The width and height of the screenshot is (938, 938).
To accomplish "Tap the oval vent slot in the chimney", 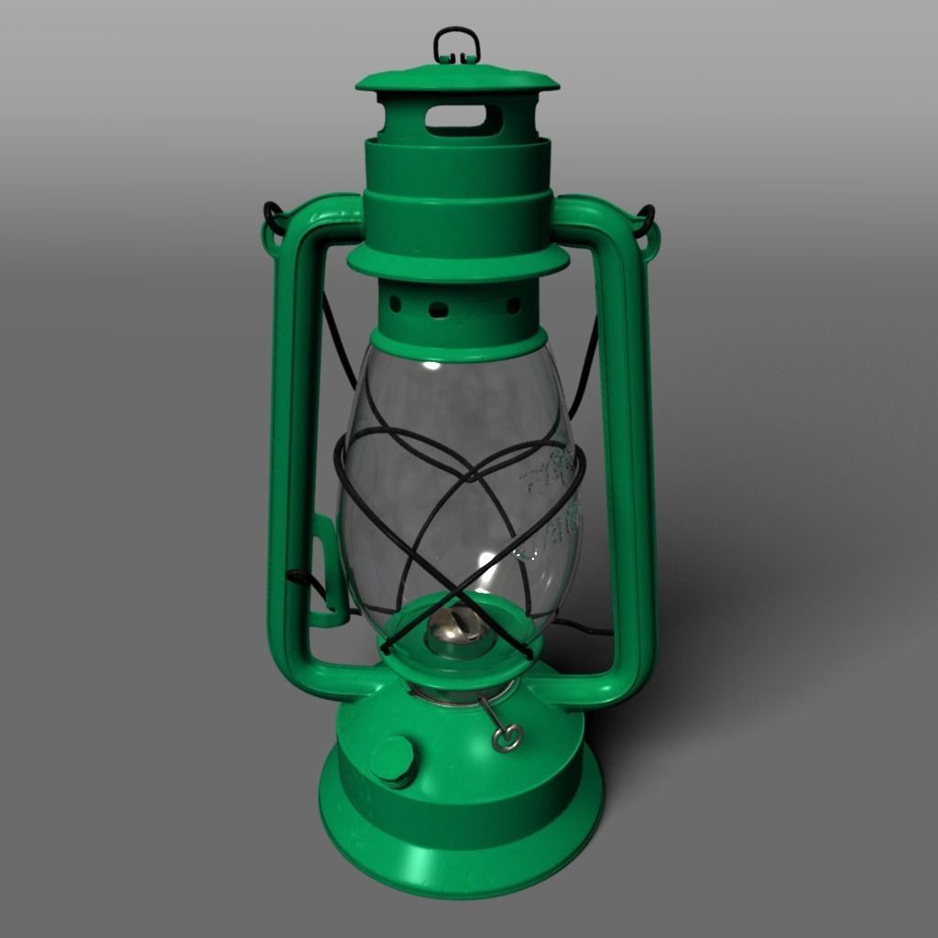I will [x=464, y=119].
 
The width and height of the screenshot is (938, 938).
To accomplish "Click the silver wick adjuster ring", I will [x=507, y=736].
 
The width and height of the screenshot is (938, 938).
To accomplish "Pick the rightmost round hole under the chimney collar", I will [x=513, y=305].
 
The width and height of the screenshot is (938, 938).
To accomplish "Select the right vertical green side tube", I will [x=631, y=440].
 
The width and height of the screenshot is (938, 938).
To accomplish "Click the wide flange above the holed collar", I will [x=458, y=262].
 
